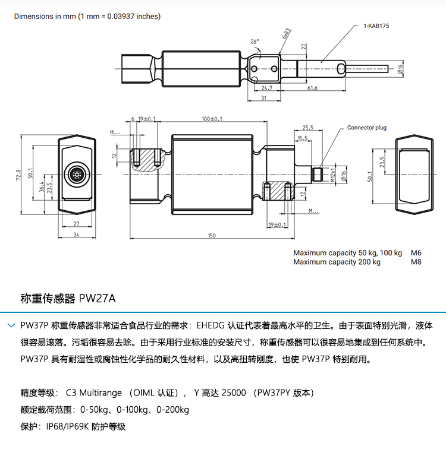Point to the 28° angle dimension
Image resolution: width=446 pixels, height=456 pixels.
click(x=255, y=42)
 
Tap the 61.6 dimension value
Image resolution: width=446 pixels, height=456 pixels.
click(x=312, y=88)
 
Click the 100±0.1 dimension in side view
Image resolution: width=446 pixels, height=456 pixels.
click(x=212, y=119)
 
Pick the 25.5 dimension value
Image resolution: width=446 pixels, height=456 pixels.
click(x=307, y=128)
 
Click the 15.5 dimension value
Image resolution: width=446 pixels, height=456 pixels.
click(x=303, y=138)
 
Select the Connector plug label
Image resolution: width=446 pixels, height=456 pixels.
click(x=366, y=128)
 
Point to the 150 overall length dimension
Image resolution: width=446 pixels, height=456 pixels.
click(x=212, y=236)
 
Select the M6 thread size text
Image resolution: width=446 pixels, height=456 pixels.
click(x=416, y=253)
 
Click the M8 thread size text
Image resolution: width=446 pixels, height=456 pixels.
click(x=416, y=262)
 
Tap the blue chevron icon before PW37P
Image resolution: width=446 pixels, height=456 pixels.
click(x=11, y=325)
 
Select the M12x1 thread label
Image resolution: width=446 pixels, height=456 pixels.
click(x=333, y=175)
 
